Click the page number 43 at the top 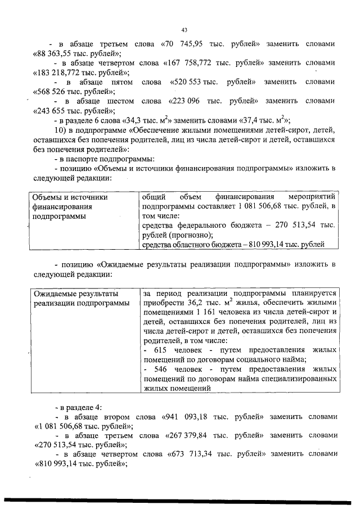(x=184, y=29)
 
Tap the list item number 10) (x=60, y=130)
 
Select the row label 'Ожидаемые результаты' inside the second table (x=75, y=294)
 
